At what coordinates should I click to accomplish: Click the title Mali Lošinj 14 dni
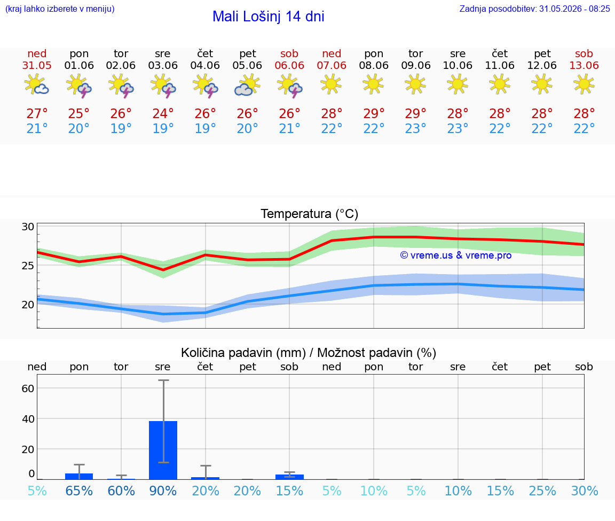[269, 17]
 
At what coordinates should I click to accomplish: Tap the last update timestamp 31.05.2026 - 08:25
[574, 9]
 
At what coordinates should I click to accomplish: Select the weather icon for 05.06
[248, 85]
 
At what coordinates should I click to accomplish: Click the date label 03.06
[163, 65]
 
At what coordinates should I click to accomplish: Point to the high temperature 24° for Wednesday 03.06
[163, 113]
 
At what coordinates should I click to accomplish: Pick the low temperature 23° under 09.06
[416, 128]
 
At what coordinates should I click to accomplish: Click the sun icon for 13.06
[584, 84]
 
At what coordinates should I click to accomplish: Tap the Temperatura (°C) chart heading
[310, 214]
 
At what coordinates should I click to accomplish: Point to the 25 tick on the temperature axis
[28, 266]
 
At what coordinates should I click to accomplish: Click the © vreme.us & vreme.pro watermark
[456, 255]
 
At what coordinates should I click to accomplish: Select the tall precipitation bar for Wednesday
[163, 450]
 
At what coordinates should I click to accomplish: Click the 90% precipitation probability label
[163, 491]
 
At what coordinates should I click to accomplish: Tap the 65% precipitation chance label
[79, 491]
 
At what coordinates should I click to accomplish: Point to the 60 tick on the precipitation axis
[28, 388]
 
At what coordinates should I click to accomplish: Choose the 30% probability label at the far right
[585, 491]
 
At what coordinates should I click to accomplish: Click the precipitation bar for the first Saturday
[289, 477]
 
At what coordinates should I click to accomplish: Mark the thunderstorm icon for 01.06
[79, 85]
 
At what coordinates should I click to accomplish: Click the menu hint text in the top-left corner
[60, 9]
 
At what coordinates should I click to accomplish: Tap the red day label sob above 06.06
[289, 53]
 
